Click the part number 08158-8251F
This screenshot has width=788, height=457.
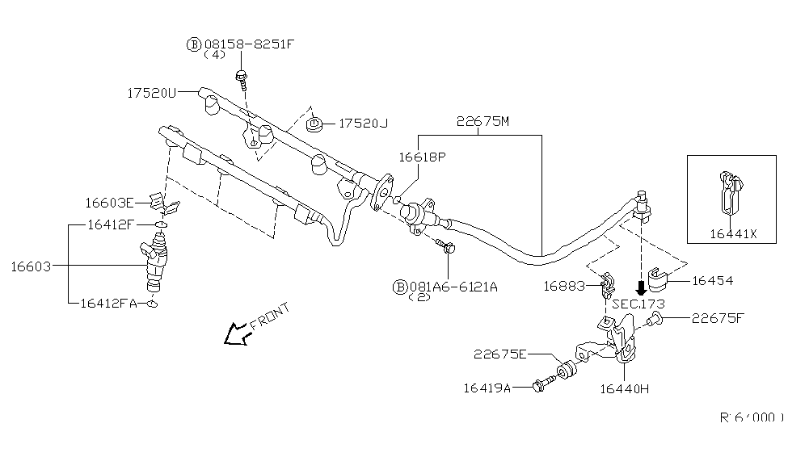click(249, 44)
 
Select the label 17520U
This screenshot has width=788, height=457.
click(151, 93)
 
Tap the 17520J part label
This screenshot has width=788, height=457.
click(363, 124)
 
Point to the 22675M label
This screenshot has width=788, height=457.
click(482, 122)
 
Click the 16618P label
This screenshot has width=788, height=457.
click(421, 157)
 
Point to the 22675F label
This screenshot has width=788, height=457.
click(716, 318)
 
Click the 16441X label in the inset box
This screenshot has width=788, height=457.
click(733, 233)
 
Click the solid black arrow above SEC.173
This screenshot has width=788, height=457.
click(641, 287)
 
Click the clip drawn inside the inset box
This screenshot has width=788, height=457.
click(730, 191)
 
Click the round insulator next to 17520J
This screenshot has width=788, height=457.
click(315, 124)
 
